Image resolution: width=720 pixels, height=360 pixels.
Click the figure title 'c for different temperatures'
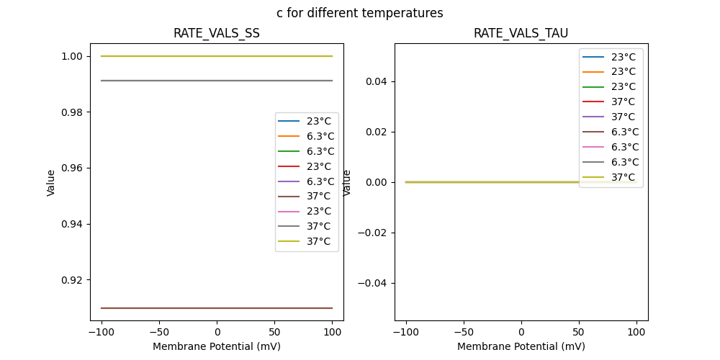(x=359, y=13)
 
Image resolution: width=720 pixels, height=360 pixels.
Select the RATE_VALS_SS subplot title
(x=216, y=33)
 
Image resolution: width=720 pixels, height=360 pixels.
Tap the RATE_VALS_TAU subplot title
(x=521, y=33)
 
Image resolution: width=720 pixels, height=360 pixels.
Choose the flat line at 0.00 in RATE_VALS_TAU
(x=490, y=182)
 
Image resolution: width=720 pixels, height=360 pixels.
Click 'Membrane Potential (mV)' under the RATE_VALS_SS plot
(x=216, y=346)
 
